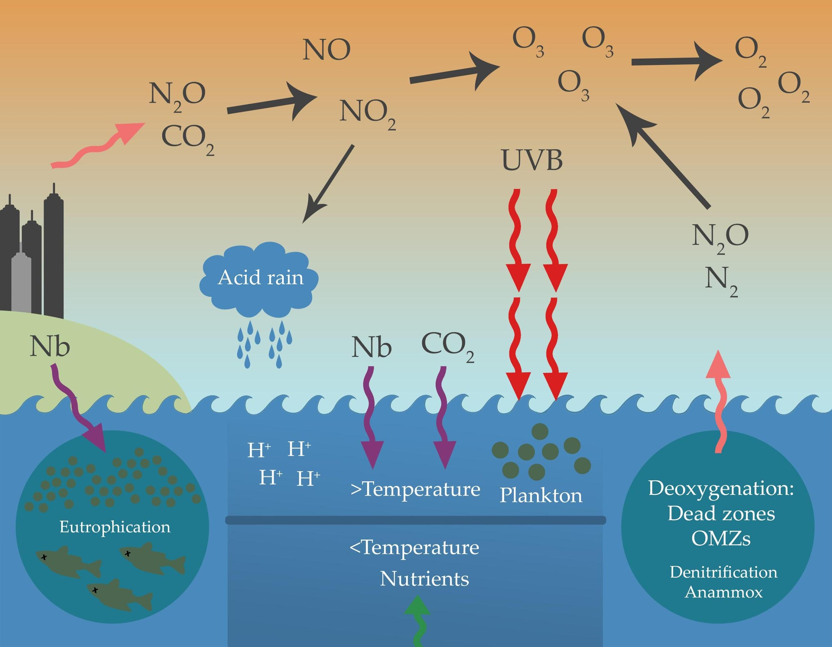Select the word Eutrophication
[x=115, y=527]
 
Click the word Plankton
[x=541, y=496]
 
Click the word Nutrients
[x=424, y=579]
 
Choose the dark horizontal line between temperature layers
[x=415, y=520]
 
